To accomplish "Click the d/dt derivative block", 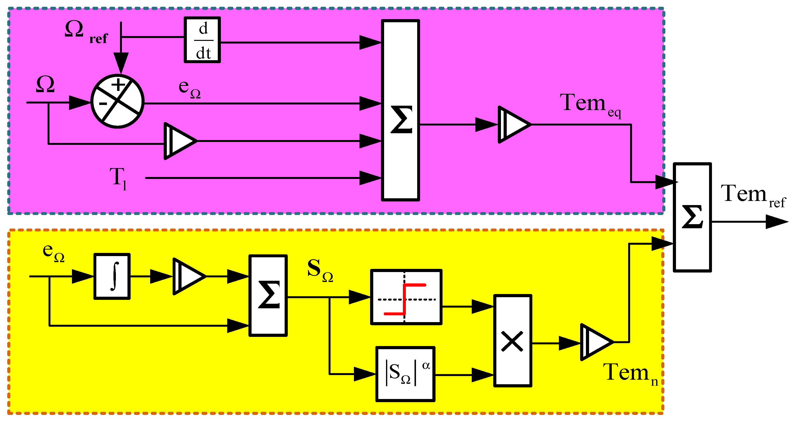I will [x=202, y=40].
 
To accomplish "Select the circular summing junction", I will [x=118, y=101].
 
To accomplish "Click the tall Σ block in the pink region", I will [x=400, y=110].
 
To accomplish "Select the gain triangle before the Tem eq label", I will [x=512, y=125].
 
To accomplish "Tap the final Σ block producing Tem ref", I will [x=692, y=217].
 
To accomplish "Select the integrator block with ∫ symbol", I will [x=112, y=276].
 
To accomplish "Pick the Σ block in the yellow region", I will [x=268, y=295].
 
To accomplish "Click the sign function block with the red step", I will [x=406, y=297].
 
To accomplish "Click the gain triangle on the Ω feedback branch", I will [x=179, y=141].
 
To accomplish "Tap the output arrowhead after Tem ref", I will [x=778, y=222].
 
